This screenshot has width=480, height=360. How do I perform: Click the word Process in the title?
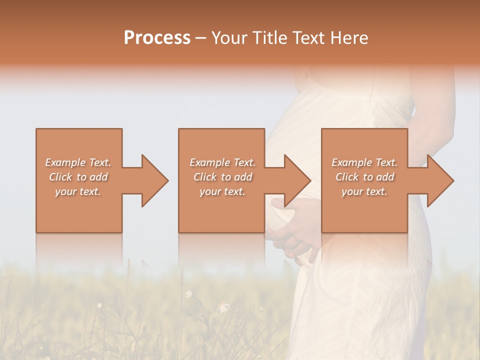tap(157, 38)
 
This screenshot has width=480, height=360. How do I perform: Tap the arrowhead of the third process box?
tap(439, 180)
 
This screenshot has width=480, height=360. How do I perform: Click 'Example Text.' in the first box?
tap(78, 162)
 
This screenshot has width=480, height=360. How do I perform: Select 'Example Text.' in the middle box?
tap(222, 162)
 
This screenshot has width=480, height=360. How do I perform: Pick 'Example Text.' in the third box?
tap(364, 162)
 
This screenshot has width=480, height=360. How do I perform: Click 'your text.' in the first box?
tap(78, 191)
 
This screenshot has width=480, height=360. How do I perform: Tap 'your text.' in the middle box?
tap(222, 191)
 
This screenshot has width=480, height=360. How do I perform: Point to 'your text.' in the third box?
tap(364, 191)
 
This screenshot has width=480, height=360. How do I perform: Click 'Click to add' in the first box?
tap(78, 177)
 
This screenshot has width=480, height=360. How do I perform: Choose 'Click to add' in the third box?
tap(364, 177)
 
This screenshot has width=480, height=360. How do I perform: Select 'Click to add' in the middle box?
tap(222, 177)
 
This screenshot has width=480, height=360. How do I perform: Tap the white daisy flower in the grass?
tap(189, 294)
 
